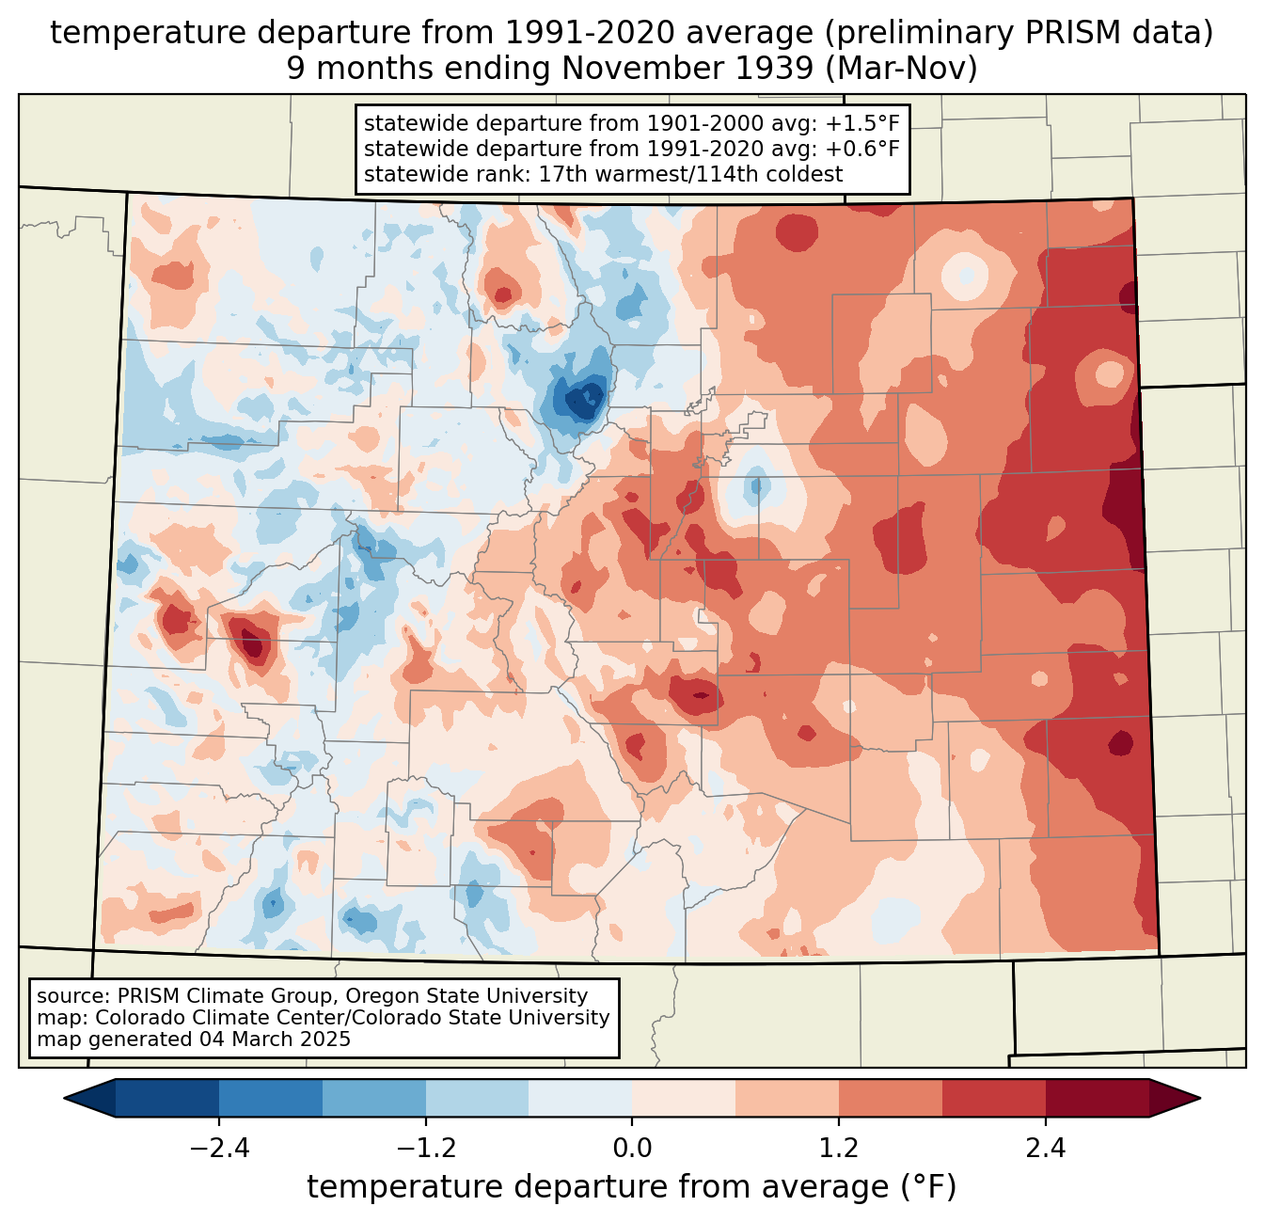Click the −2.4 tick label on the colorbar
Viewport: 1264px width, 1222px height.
pyautogui.click(x=219, y=1149)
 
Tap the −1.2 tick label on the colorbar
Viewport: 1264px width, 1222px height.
pyautogui.click(x=426, y=1149)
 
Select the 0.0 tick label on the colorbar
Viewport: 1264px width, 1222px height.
pyautogui.click(x=632, y=1149)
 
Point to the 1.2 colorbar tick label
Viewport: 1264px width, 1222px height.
pyautogui.click(x=839, y=1149)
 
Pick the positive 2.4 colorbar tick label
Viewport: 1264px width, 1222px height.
pyautogui.click(x=1045, y=1149)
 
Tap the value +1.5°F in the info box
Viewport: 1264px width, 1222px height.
pyautogui.click(x=862, y=123)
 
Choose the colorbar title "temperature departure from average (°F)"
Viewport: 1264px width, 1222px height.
pyautogui.click(x=632, y=1187)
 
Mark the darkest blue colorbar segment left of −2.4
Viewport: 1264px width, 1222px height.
pyautogui.click(x=167, y=1098)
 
